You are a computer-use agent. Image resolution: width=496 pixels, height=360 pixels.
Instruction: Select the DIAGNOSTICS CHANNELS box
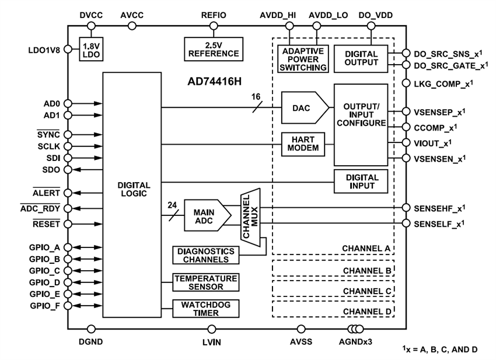(x=205, y=255)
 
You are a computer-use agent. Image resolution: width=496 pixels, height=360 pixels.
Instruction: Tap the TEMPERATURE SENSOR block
(x=205, y=282)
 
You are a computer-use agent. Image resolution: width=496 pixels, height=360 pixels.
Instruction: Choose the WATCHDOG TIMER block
(x=205, y=309)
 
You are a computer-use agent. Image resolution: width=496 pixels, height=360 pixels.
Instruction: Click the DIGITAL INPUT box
(x=361, y=181)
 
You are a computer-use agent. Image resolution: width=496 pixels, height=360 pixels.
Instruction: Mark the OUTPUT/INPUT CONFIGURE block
(x=361, y=124)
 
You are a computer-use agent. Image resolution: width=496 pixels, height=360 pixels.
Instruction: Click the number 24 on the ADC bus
(x=172, y=205)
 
